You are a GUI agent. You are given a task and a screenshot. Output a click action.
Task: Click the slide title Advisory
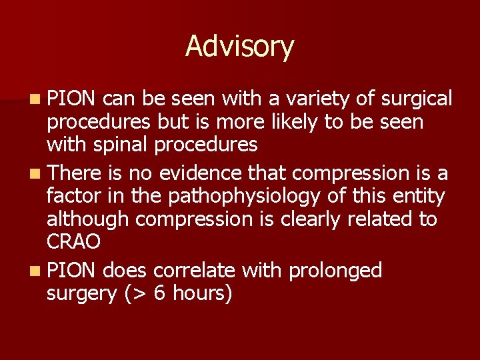coord(239,47)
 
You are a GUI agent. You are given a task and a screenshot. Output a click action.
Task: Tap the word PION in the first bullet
coord(73,99)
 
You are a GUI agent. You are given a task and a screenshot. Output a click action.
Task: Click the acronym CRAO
coord(73,241)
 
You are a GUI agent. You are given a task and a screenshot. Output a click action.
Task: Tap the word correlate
coord(195,270)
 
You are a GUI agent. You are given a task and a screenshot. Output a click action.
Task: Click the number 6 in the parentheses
coord(160,293)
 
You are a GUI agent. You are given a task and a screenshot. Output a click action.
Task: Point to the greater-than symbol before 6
coord(141,293)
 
